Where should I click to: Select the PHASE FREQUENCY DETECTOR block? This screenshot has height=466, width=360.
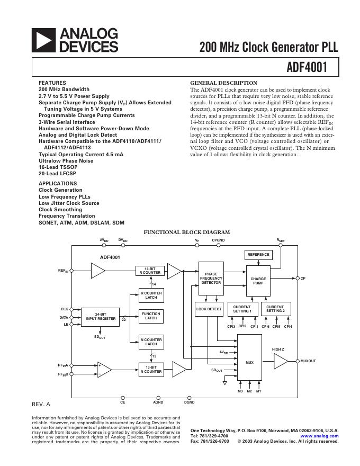click(x=211, y=279)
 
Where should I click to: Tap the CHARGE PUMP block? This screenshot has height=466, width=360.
click(x=258, y=281)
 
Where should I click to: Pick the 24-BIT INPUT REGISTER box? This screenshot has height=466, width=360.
click(x=101, y=317)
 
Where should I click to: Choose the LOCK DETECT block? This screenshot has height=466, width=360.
click(x=209, y=309)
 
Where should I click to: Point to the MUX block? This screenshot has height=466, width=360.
click(x=250, y=363)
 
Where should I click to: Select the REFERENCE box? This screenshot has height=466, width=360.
click(x=258, y=255)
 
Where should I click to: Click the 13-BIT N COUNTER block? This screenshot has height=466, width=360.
click(x=151, y=369)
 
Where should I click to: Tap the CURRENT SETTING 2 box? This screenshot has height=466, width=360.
click(x=275, y=309)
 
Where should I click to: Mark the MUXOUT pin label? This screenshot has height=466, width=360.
click(x=308, y=361)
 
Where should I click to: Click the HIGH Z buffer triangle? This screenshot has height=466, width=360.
click(x=280, y=362)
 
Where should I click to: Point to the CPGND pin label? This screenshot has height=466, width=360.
click(x=218, y=240)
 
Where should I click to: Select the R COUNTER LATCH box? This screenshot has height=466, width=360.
click(x=151, y=295)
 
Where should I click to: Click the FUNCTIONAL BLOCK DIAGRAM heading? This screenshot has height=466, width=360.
click(x=187, y=232)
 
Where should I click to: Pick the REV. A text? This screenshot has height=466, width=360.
click(x=41, y=404)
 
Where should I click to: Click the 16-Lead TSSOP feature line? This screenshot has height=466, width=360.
click(x=54, y=167)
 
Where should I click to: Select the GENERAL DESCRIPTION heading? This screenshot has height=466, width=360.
click(x=223, y=83)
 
